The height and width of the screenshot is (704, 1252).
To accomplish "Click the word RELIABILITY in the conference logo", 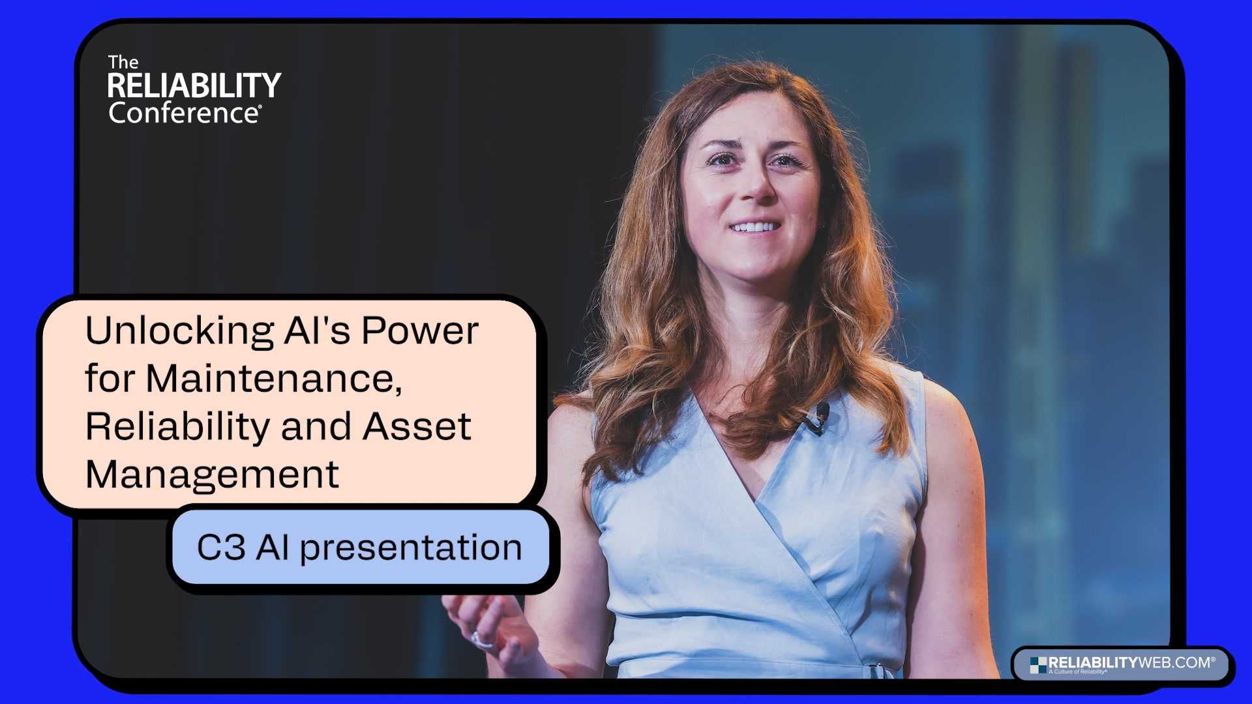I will coord(194,85).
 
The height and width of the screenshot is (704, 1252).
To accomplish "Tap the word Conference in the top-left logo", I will coord(185,113).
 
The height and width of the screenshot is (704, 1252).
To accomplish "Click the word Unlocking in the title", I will coord(179,331).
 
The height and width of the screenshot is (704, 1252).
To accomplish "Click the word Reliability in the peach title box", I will coord(177,426).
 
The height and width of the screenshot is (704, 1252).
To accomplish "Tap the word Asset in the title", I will coord(416,426).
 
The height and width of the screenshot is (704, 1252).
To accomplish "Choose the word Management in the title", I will coord(212,474).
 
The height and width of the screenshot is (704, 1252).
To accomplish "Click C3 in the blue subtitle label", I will coord(221,547).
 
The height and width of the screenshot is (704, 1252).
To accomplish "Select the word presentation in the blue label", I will coord(411,548).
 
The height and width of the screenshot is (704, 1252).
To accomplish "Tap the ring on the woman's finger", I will coord(481,640).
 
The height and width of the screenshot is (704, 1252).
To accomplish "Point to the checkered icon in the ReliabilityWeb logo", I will coord(1038,665).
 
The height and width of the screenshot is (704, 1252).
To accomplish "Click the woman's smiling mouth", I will coord(754,227).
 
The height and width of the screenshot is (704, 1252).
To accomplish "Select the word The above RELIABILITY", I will coord(123,63).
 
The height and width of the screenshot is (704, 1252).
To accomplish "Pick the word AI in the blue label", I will coord(273,547).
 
